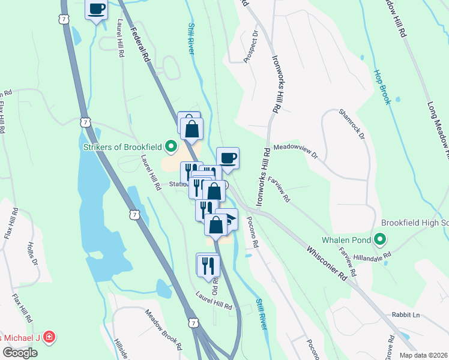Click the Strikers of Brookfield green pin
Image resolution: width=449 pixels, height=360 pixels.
[x=171, y=146]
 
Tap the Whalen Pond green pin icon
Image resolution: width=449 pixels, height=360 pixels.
[x=379, y=241]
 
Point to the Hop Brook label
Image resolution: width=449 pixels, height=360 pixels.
[x=382, y=87]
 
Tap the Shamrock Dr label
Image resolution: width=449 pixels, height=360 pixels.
[x=352, y=125]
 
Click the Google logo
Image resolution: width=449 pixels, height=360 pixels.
[x=20, y=353]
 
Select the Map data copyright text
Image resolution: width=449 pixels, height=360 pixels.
[x=423, y=355]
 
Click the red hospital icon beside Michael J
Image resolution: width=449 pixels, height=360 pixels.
[x=49, y=338]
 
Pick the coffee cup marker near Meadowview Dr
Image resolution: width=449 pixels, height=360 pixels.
[x=228, y=158]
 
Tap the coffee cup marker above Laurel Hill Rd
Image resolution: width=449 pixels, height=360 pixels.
[x=96, y=9]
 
